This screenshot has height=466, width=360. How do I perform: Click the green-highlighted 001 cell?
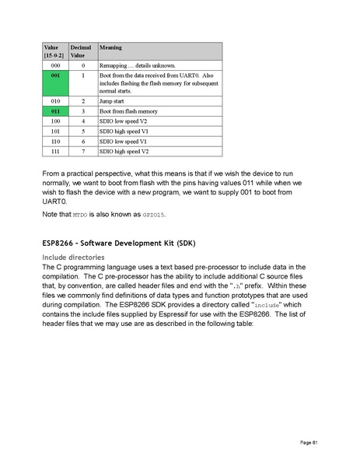click(x=54, y=75)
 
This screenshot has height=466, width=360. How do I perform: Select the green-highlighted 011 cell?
click(x=54, y=112)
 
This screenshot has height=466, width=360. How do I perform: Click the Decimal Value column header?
click(x=82, y=51)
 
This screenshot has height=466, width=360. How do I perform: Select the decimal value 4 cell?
click(x=82, y=122)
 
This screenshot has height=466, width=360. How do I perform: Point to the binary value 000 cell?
click(x=54, y=65)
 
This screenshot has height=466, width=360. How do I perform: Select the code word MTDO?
click(x=80, y=214)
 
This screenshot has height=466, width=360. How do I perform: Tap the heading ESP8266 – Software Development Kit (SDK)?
click(x=120, y=244)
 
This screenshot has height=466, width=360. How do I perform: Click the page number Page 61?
click(x=310, y=442)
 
